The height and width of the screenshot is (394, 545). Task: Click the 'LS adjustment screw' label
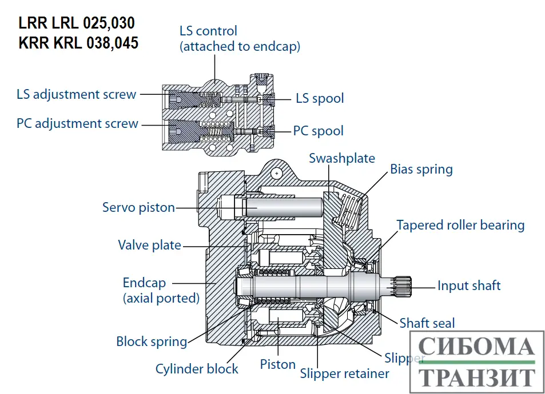point(76,94)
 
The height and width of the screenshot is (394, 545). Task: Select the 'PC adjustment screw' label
point(77,123)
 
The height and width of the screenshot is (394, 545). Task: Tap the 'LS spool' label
point(320,98)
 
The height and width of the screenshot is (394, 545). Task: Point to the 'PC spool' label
point(318,131)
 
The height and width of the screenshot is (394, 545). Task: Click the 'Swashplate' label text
point(342,158)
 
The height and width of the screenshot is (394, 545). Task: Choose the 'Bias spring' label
point(421,169)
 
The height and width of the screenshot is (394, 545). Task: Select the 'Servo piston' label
point(138,207)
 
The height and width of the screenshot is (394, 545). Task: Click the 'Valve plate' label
point(149,245)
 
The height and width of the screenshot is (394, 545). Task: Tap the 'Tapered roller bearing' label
point(460,225)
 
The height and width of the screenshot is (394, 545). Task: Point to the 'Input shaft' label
point(469,286)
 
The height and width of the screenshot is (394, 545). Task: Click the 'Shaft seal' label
point(427,323)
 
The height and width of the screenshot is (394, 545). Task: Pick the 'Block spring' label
point(152,341)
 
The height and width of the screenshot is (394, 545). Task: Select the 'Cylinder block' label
point(197,368)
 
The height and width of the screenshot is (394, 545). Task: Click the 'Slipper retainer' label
point(344,373)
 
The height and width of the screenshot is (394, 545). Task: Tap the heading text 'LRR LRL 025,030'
point(77,23)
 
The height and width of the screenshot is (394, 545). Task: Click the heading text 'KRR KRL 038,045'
point(78,42)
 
